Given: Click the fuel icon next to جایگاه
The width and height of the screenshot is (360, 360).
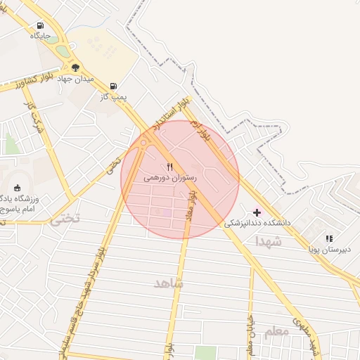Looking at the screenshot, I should (x=40, y=26).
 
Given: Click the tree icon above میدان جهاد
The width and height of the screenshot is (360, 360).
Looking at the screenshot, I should (x=76, y=68).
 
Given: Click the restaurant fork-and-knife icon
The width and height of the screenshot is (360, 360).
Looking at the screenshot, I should (x=169, y=167).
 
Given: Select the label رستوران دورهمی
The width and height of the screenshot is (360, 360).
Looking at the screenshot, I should (x=170, y=179).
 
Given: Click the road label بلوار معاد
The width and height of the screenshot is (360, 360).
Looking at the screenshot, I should (x=190, y=206).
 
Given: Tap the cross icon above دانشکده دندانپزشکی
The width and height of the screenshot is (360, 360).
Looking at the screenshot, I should (x=257, y=212).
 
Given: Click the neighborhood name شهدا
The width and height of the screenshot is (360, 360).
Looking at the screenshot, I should (x=269, y=241).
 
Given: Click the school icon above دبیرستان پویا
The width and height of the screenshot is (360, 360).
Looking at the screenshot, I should (x=329, y=239).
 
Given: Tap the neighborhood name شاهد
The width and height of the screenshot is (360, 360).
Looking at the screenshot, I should (x=168, y=282).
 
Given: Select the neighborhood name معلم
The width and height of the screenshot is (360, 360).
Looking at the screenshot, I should (x=276, y=330).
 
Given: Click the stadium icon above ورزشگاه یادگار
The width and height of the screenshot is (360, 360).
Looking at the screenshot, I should (x=17, y=187).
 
